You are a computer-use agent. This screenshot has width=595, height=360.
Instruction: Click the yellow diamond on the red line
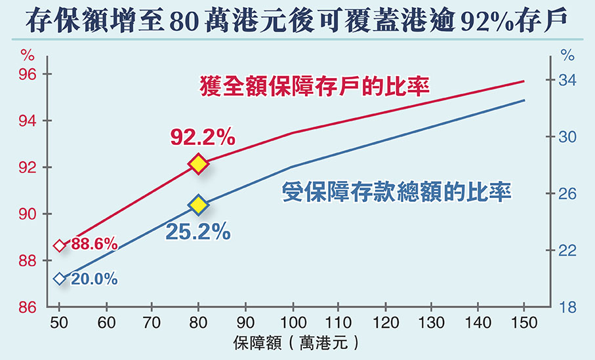(x=198, y=164)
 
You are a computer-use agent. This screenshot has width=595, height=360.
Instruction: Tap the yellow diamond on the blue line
(x=198, y=205)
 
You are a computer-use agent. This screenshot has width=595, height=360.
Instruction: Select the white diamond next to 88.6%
(x=60, y=246)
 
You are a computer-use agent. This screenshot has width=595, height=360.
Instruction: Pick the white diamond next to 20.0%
(x=60, y=279)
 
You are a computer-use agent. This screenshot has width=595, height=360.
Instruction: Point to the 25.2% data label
(x=197, y=231)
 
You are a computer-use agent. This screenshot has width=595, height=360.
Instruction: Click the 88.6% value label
(x=94, y=245)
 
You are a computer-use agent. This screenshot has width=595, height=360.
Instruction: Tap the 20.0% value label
(x=94, y=279)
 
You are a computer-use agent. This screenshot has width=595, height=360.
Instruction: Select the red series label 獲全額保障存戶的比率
(x=314, y=85)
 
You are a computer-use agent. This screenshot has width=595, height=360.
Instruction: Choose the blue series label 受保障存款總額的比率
(x=396, y=191)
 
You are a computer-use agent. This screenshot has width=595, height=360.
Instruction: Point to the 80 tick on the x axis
(x=198, y=323)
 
